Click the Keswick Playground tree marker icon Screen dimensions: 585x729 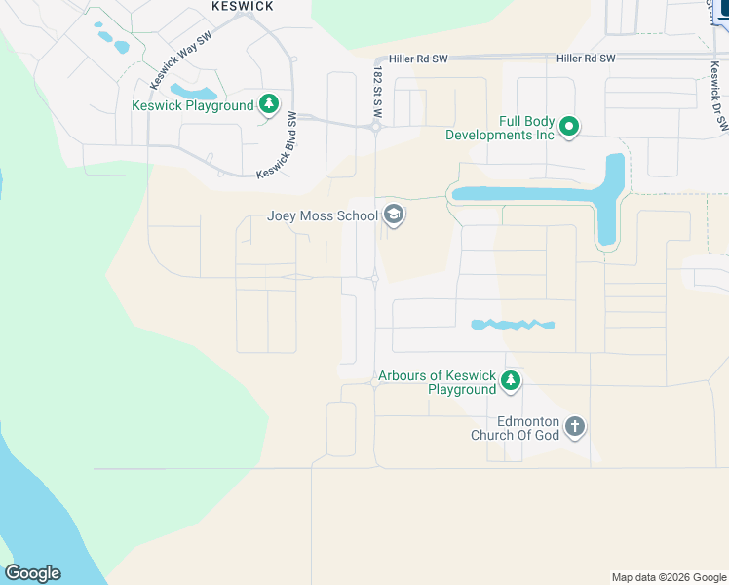[269, 105]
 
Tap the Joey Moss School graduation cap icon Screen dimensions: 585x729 [394, 214]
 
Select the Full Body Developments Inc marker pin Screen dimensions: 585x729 [570, 127]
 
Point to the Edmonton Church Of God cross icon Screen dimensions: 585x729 [575, 427]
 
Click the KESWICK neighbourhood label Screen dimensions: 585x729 [243, 6]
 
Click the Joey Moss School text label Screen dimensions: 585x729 [322, 215]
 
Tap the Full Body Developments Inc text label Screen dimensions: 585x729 [500, 128]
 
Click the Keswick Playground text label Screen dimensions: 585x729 [193, 105]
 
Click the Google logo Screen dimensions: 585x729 [32, 573]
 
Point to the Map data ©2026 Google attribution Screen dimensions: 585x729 [669, 577]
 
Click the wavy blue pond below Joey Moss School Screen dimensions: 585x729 [512, 324]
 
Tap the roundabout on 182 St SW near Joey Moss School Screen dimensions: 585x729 [375, 279]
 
